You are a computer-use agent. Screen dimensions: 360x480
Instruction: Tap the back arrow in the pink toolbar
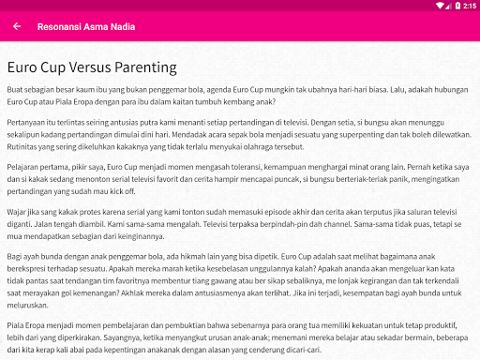pyautogui.click(x=17, y=27)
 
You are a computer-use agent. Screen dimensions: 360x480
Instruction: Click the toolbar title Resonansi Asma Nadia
pyautogui.click(x=85, y=27)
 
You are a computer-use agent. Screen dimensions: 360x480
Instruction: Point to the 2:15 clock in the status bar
pyautogui.click(x=470, y=6)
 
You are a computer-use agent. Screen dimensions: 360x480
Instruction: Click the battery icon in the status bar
pyautogui.click(x=456, y=6)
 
